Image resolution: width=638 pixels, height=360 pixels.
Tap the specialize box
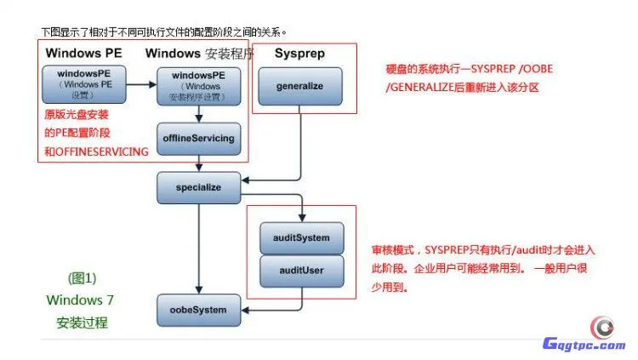tap(199, 186)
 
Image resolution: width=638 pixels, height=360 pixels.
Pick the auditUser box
tap(301, 270)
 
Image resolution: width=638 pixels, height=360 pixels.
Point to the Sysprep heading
tap(299, 54)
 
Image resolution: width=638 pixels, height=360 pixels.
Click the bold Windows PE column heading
tap(83, 54)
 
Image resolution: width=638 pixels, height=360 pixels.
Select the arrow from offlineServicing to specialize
tap(199, 162)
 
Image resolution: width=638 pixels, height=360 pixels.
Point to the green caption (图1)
tap(82, 277)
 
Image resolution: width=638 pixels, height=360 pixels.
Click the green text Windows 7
tap(81, 300)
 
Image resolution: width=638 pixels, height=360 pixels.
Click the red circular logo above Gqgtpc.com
tap(603, 326)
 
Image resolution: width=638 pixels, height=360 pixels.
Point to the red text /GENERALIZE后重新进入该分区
tap(462, 87)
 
